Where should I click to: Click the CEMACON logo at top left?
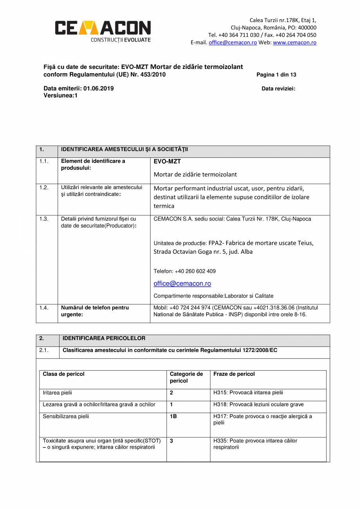[x=103, y=31]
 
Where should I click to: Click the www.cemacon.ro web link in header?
[x=294, y=42]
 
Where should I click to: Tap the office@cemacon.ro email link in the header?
[x=232, y=42]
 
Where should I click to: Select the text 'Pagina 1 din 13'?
[x=276, y=75]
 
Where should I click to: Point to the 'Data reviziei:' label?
[x=278, y=88]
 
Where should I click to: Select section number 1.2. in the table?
[x=44, y=188]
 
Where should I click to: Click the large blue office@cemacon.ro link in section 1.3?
[x=182, y=283]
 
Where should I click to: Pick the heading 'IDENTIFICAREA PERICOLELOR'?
[x=104, y=338]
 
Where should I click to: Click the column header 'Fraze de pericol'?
[x=234, y=374]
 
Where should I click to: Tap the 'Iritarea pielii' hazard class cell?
[x=58, y=392]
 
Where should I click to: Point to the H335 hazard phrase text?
[x=255, y=444]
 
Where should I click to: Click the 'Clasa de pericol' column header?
[x=63, y=374]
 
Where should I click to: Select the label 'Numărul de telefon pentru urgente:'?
[x=95, y=311]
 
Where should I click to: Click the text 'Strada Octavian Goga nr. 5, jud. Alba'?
[x=203, y=252]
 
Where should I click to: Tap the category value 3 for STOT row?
[x=171, y=440]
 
